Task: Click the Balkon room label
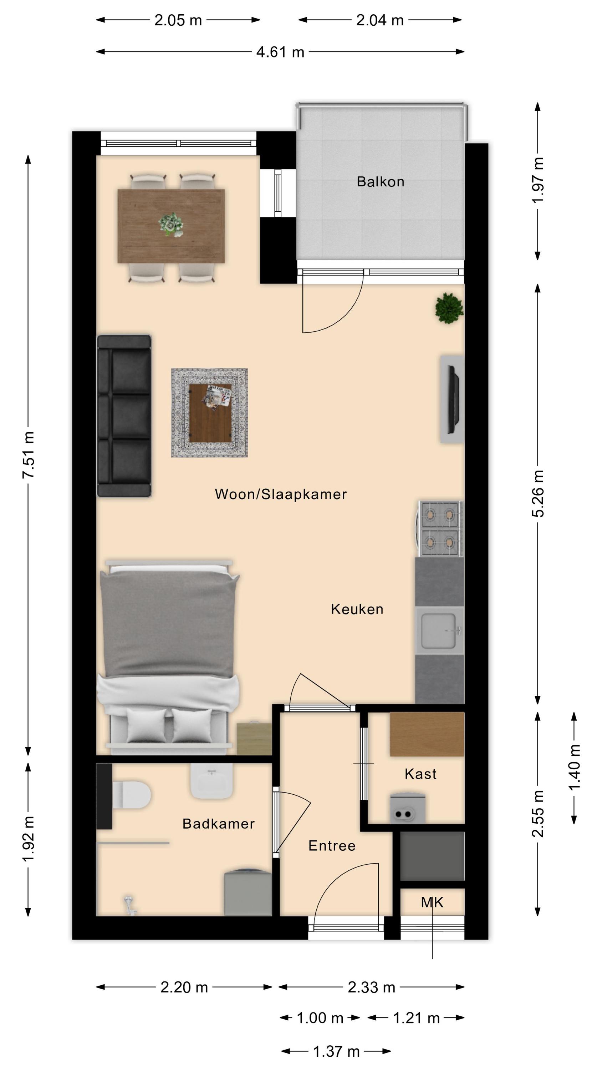click(x=380, y=182)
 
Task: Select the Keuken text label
click(x=357, y=609)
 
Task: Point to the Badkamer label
click(x=219, y=824)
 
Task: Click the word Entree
click(x=332, y=846)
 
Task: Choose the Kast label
click(x=420, y=774)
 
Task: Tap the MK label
click(x=432, y=902)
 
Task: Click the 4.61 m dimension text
click(x=280, y=52)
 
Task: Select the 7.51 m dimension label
click(x=28, y=455)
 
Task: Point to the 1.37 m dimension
click(x=336, y=1051)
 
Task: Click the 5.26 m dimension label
click(x=537, y=493)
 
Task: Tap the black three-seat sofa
click(x=124, y=416)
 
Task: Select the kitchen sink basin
click(x=439, y=631)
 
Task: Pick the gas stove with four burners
click(x=440, y=528)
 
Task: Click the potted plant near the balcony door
click(x=449, y=308)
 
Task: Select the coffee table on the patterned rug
click(x=210, y=413)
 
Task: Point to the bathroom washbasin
click(x=211, y=780)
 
